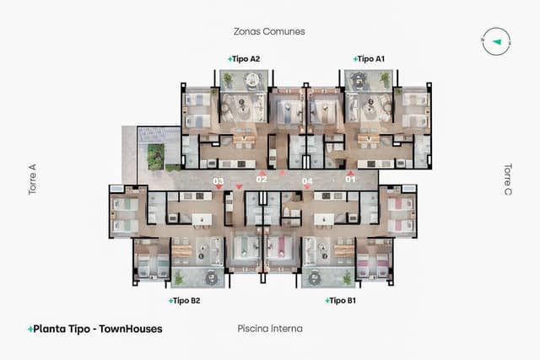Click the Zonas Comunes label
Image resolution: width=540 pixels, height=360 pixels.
pos(269,31)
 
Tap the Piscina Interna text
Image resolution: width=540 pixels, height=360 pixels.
pos(270,328)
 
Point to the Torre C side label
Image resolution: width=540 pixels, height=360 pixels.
pos(508,180)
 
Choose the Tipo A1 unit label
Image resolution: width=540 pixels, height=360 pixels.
pos(370,59)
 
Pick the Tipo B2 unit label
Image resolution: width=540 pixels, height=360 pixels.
pos(185,300)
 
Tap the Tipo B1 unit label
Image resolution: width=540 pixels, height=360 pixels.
pos(342,300)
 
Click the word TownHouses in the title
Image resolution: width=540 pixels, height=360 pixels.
pos(130,329)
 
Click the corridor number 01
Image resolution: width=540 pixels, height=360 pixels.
pos(350,180)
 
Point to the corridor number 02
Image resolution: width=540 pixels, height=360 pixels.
pos(261,180)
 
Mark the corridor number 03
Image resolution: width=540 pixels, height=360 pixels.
pos(218,181)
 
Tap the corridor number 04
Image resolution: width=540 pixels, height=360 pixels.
pos(307,181)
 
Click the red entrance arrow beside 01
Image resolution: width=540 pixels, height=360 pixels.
pos(351,173)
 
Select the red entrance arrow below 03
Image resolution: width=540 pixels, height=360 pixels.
pos(219,188)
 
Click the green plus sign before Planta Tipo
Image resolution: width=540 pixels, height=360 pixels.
pos(30,329)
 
